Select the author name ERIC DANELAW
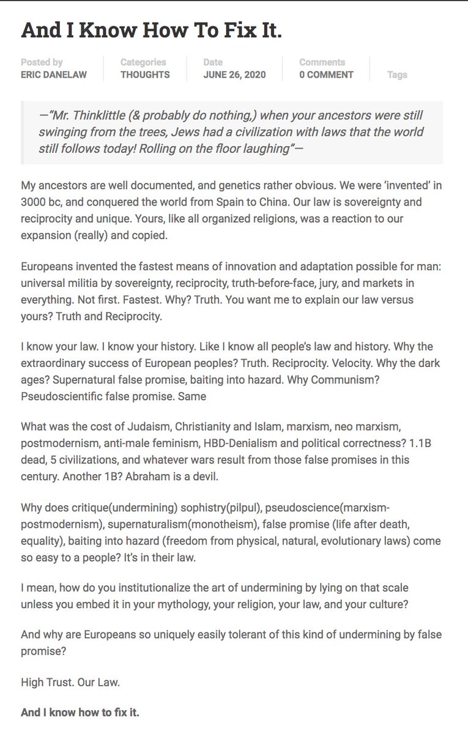pos(54,75)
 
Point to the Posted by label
pos(42,62)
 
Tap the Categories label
pos(143,62)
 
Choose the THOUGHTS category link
pos(145,75)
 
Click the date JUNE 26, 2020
pos(235,75)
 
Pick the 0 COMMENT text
pos(326,75)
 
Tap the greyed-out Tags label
pos(397,75)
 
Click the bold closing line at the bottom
pos(80,713)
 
